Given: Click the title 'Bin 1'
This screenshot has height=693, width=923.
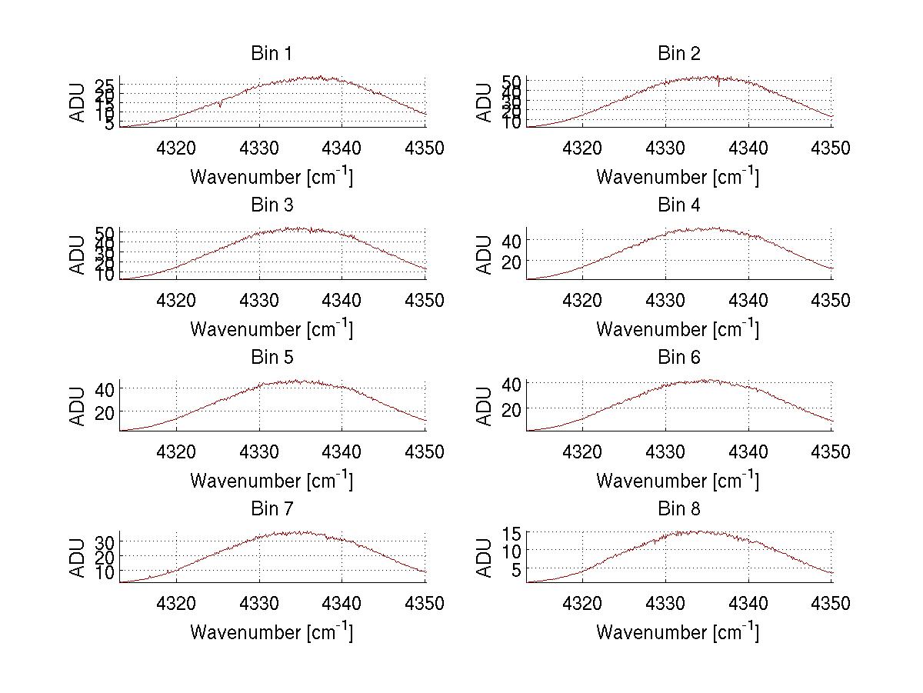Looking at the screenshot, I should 272,54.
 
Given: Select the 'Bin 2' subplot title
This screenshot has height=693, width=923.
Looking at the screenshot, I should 679,54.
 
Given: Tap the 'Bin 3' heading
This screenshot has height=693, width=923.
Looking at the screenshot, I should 272,205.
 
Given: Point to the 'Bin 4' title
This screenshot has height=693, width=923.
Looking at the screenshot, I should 679,205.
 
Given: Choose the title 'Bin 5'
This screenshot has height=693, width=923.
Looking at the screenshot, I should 272,358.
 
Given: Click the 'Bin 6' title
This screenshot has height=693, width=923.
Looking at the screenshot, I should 679,358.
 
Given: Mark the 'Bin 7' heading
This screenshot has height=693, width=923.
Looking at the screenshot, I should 272,509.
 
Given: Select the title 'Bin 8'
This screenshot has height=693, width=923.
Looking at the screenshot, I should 679,509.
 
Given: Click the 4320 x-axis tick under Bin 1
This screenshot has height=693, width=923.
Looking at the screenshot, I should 177,148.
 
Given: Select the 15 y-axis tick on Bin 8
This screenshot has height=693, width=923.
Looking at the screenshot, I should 513,532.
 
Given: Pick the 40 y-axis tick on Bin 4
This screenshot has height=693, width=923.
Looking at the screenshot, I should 513,241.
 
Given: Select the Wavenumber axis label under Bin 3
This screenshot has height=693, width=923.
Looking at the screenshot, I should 272,329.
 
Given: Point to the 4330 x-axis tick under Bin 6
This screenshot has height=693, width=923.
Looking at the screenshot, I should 665,451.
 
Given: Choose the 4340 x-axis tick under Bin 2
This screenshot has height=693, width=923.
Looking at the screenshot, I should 748,148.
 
